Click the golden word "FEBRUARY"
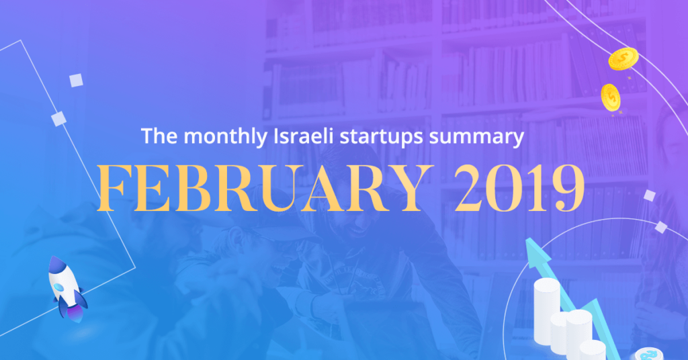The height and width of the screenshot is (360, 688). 263,188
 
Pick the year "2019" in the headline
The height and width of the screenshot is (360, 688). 519,188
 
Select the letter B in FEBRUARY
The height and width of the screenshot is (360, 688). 197,189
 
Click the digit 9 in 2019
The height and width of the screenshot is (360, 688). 568,189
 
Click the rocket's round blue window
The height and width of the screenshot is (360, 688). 59,287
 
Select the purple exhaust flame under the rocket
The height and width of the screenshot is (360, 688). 75,314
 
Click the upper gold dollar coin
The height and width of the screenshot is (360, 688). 623,58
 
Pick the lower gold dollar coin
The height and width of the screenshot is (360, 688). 610,97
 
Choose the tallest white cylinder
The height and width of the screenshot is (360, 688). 547,311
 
